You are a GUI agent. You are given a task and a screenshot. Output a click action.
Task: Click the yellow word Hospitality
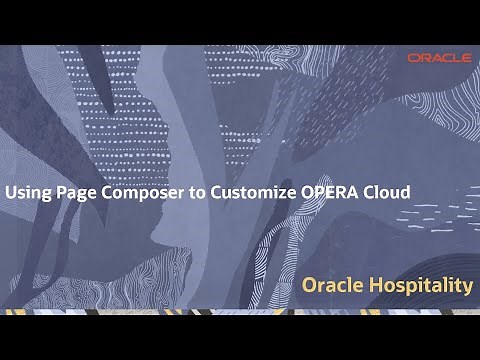tap(421, 286)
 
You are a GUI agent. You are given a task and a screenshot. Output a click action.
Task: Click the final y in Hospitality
tap(468, 288)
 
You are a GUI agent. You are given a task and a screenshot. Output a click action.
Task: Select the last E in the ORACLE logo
tap(466, 58)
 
